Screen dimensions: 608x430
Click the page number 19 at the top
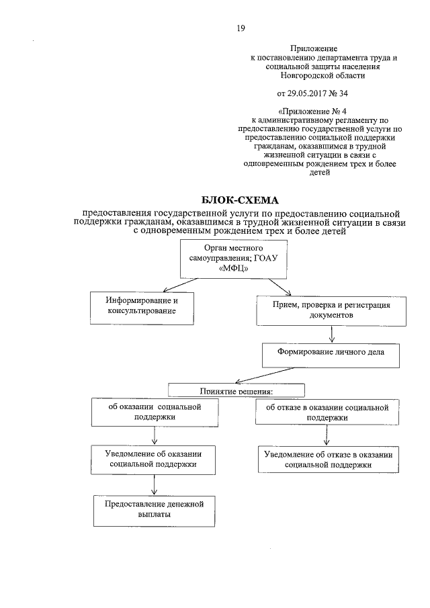(x=240, y=28)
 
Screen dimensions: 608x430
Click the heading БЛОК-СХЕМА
(x=239, y=200)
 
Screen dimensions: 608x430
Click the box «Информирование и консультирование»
(x=144, y=306)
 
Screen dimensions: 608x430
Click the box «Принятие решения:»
(x=236, y=390)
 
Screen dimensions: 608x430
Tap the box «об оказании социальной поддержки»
(x=155, y=412)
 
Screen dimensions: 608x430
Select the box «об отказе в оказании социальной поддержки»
(x=327, y=412)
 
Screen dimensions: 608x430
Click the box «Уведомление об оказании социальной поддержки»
(x=155, y=459)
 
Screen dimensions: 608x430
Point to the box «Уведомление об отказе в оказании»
(x=328, y=459)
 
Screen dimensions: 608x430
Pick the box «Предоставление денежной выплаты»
(x=155, y=509)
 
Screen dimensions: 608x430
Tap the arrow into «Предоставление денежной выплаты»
(x=155, y=484)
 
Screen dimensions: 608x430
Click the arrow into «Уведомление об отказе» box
(x=327, y=435)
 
